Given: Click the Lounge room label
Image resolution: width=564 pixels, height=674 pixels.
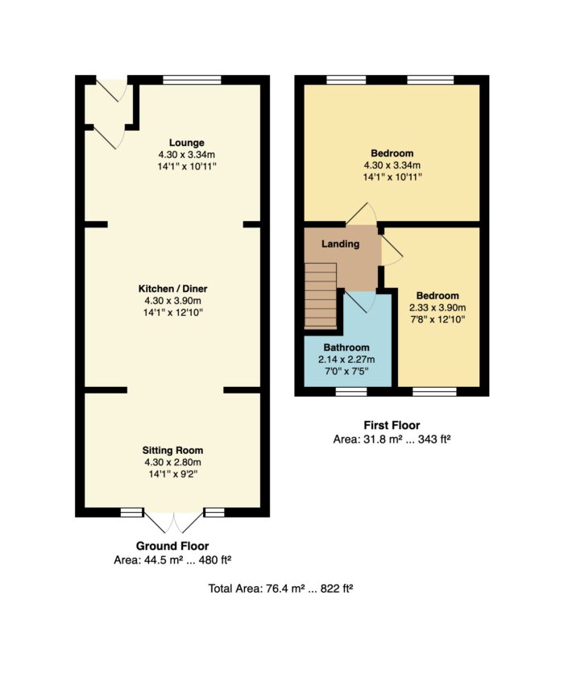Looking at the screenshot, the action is click(186, 143).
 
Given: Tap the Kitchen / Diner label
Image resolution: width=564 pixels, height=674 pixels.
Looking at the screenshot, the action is click(172, 289).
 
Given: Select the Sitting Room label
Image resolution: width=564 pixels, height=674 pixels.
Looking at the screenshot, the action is click(172, 451).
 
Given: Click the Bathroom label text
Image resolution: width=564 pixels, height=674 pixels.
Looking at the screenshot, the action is click(346, 347).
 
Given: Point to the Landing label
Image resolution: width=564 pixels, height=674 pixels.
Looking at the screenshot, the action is click(340, 244).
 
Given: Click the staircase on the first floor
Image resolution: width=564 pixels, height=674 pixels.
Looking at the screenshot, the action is click(321, 296).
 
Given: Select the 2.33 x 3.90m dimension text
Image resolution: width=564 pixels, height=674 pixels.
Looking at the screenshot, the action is click(438, 308).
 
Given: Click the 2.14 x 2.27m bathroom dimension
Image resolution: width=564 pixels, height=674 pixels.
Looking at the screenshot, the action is click(346, 360).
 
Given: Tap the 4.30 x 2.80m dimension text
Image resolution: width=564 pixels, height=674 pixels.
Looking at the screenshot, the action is click(172, 463).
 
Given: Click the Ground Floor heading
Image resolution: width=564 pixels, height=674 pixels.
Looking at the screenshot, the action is click(172, 546).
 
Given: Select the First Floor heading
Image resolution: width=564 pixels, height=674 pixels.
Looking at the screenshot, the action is click(392, 426).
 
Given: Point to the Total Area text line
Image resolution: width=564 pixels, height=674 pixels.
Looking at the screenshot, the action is click(280, 589).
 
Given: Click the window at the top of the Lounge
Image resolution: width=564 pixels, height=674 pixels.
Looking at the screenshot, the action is click(192, 80).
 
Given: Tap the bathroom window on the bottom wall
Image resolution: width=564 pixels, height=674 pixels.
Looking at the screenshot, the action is click(351, 391).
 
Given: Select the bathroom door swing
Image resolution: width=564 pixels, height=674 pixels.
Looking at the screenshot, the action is click(361, 302).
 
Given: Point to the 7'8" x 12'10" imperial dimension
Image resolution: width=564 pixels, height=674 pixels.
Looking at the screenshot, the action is click(438, 319).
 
